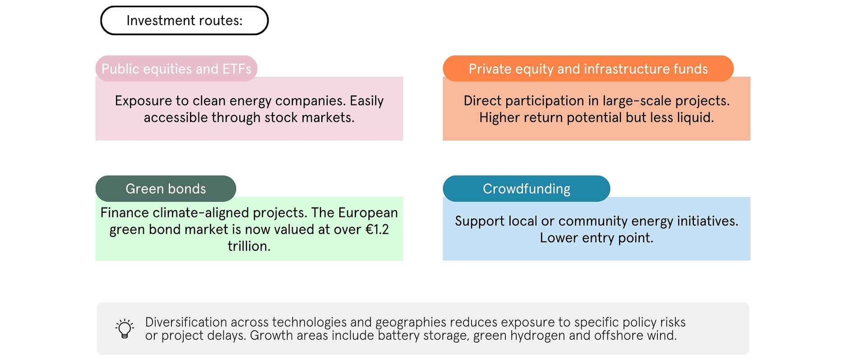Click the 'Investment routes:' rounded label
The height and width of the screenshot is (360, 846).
(184, 20)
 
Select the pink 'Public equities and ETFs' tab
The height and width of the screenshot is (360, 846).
(176, 69)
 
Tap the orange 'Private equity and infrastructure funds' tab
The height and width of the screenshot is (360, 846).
(588, 69)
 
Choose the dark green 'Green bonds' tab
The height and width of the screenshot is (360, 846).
(166, 189)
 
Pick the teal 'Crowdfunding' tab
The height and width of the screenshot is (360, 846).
(526, 189)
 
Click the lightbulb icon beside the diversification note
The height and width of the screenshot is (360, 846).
(125, 328)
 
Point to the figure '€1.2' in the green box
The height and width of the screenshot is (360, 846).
(377, 229)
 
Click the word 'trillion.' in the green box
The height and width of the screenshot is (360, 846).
(249, 246)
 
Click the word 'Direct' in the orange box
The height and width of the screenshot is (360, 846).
(479, 101)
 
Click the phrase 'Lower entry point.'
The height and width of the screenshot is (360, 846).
(596, 238)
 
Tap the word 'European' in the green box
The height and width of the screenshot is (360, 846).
(368, 212)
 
